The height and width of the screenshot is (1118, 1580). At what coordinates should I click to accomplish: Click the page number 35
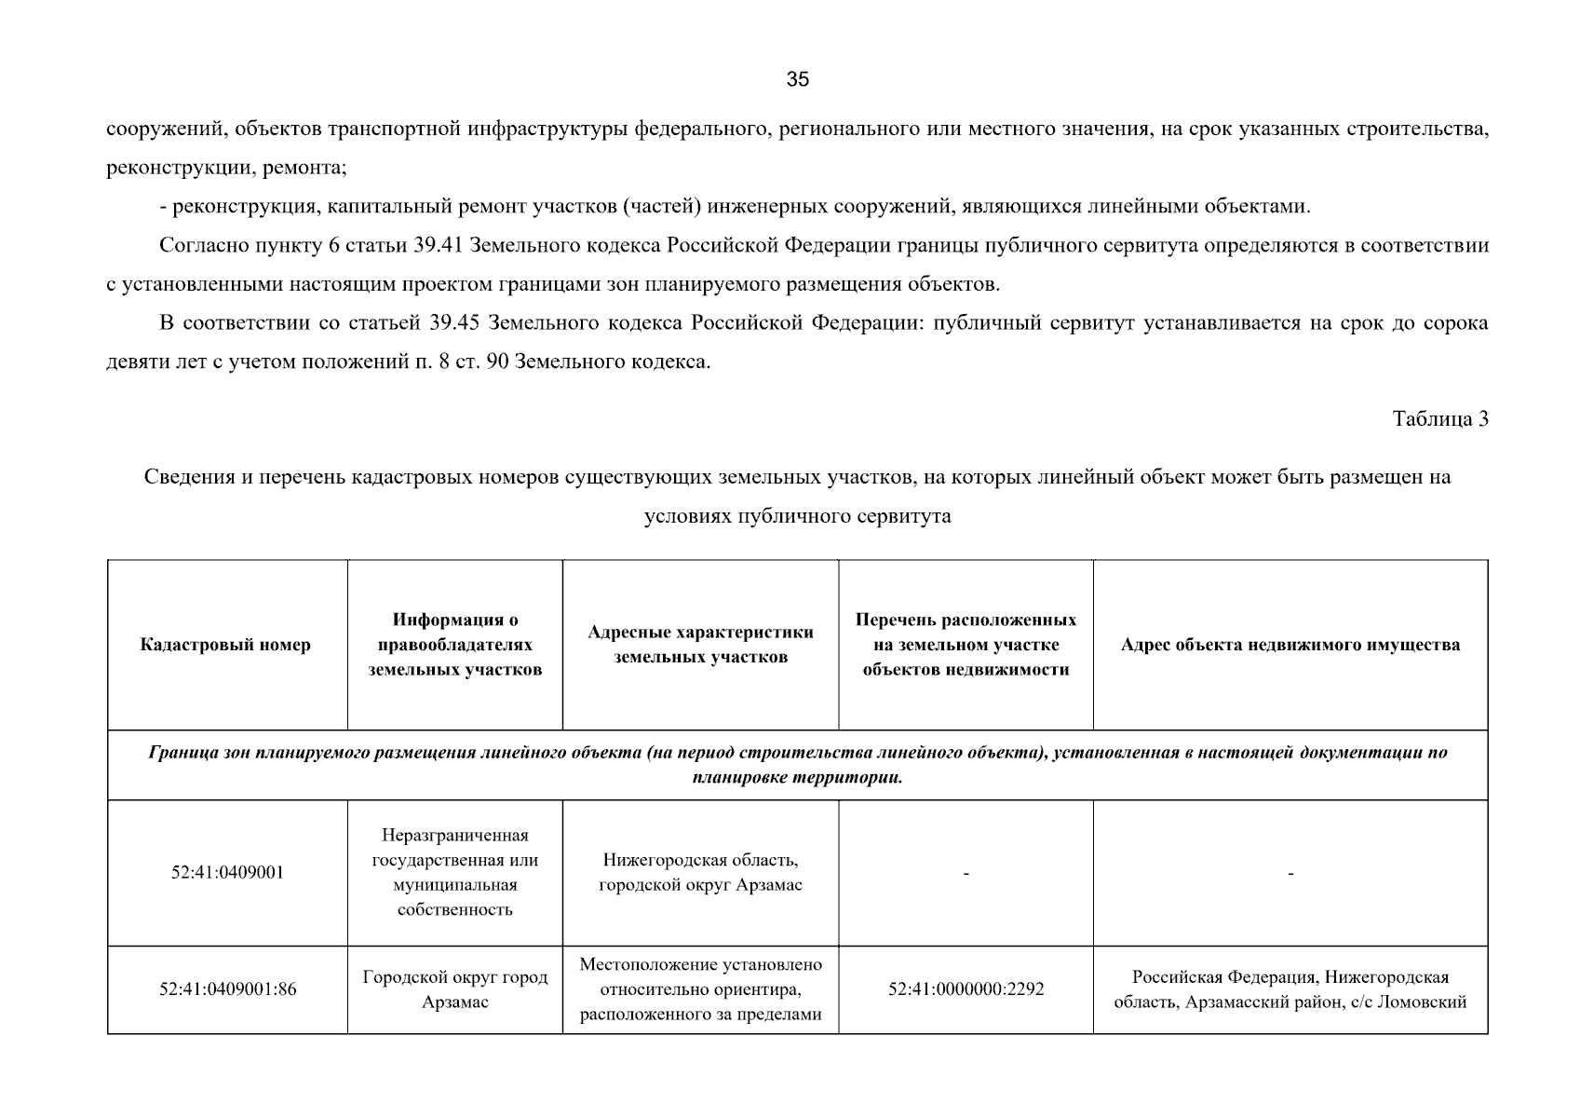click(798, 79)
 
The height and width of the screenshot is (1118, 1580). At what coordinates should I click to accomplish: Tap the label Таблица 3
click(1439, 419)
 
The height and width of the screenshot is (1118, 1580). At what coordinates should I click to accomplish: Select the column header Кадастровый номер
click(225, 645)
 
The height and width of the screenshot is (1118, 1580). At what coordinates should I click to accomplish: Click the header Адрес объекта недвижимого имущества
click(1290, 645)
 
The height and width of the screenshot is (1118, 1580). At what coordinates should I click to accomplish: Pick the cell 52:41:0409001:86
click(227, 989)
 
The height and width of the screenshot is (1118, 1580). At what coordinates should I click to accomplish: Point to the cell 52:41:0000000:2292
click(966, 989)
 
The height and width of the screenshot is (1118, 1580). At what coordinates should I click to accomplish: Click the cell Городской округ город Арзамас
click(454, 989)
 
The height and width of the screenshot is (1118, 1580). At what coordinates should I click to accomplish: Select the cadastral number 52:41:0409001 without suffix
click(227, 873)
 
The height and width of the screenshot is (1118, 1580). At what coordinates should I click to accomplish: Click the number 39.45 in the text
click(454, 323)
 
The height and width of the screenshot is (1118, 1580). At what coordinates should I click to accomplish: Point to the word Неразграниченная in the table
click(454, 835)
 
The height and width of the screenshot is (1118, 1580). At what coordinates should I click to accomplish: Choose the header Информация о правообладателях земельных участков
click(454, 645)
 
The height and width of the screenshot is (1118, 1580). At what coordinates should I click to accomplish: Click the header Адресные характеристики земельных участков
click(700, 645)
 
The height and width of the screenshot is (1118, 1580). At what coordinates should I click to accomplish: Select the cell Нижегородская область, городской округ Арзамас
click(700, 873)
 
